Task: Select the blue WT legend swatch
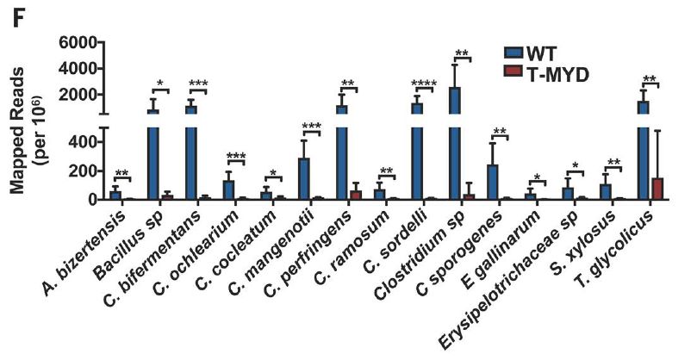point(513,53)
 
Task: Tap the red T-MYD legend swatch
point(513,71)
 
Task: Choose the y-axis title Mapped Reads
point(17,131)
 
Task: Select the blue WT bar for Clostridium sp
point(455,143)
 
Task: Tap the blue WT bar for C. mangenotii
point(304,178)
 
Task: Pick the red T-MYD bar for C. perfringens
point(355,196)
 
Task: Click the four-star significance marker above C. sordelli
point(424,84)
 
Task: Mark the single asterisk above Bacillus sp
point(160,84)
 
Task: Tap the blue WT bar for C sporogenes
point(493,183)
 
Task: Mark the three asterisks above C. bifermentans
point(198,84)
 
